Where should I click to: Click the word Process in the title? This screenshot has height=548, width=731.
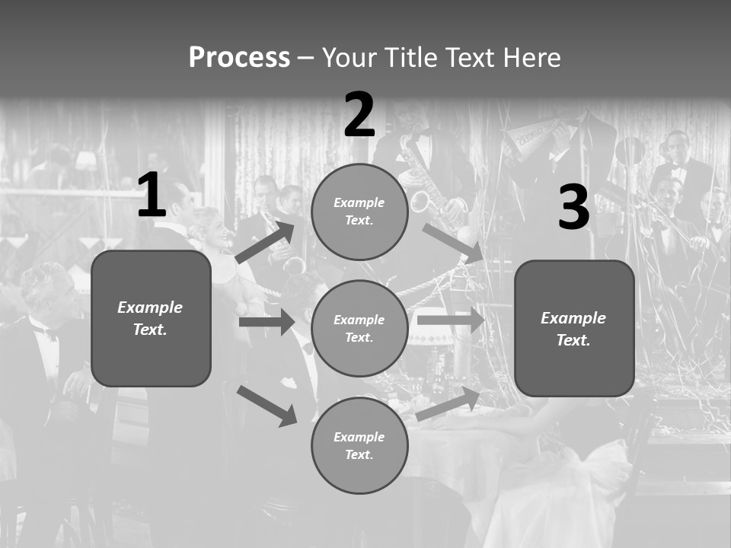click(239, 58)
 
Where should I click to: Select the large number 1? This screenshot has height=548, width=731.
click(152, 196)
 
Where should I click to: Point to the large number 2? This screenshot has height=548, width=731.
click(359, 115)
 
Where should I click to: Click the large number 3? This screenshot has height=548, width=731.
click(573, 207)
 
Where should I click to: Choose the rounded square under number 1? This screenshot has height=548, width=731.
click(151, 317)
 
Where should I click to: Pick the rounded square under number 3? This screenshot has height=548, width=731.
click(574, 328)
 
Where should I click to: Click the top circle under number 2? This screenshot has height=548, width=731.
click(359, 212)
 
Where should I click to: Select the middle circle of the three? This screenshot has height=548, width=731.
click(359, 328)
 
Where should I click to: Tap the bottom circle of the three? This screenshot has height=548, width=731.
click(359, 445)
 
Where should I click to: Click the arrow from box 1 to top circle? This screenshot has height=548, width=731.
click(266, 242)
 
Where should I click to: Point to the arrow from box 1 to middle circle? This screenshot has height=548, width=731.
click(267, 322)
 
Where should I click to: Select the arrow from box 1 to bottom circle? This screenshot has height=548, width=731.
click(267, 405)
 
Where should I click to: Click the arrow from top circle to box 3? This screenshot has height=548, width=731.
click(452, 243)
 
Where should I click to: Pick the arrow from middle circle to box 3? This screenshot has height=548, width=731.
click(451, 320)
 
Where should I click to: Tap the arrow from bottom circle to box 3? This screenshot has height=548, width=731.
click(448, 403)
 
